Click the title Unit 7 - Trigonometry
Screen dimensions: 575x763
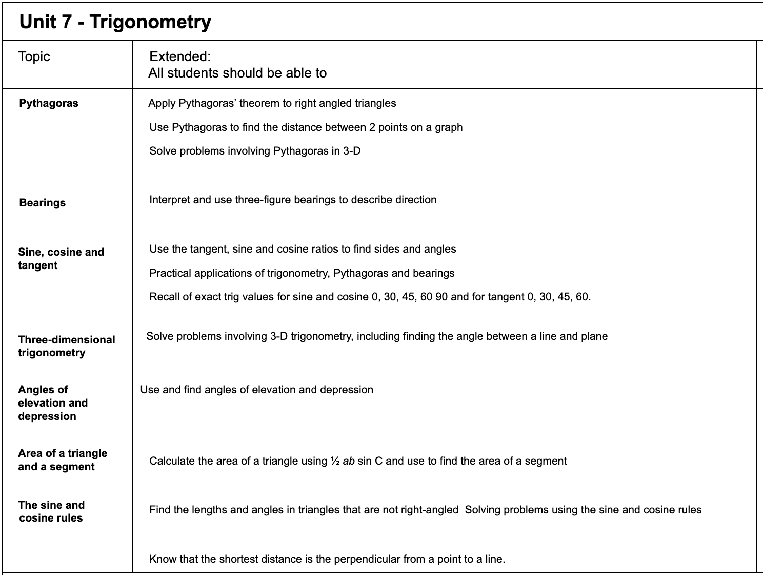click(x=115, y=22)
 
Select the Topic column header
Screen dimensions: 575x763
click(x=34, y=56)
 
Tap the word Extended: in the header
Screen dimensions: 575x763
click(x=180, y=56)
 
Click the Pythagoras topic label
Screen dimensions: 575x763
click(x=49, y=103)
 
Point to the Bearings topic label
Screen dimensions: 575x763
click(x=43, y=203)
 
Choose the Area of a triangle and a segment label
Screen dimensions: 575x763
click(x=63, y=460)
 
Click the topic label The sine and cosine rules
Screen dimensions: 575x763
click(x=51, y=511)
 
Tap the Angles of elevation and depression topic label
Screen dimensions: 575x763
click(x=53, y=403)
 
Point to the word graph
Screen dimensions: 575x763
click(x=449, y=127)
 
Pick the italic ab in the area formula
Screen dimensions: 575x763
click(x=349, y=461)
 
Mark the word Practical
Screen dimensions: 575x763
click(x=170, y=273)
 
